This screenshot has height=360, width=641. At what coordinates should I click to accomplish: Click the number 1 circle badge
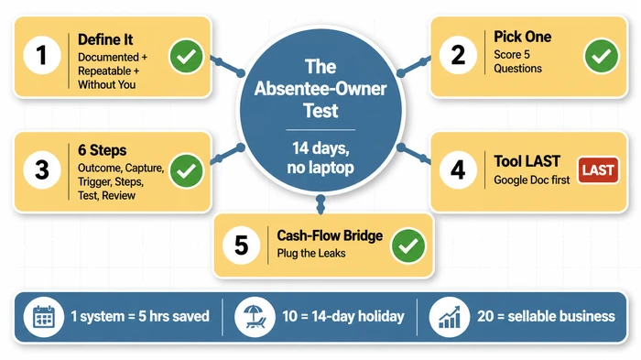pyautogui.click(x=41, y=58)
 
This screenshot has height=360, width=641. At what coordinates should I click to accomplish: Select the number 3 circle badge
pyautogui.click(x=41, y=169)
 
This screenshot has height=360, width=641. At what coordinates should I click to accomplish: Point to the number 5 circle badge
pyautogui.click(x=241, y=245)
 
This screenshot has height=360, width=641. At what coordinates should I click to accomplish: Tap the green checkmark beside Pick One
pyautogui.click(x=601, y=57)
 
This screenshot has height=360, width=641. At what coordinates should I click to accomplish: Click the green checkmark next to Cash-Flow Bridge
pyautogui.click(x=407, y=245)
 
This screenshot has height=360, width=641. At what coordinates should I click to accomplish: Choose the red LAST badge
pyautogui.click(x=598, y=169)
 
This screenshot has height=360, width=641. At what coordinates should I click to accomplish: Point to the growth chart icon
pyautogui.click(x=449, y=317)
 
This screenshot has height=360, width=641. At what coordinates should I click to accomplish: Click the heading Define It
pyautogui.click(x=106, y=40)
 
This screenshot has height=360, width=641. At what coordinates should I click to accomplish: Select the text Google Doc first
pyautogui.click(x=531, y=180)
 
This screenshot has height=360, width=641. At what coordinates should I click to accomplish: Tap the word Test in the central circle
pyautogui.click(x=320, y=112)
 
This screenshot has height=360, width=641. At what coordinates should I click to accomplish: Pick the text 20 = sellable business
pyautogui.click(x=546, y=317)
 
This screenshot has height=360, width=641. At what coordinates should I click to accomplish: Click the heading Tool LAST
pyautogui.click(x=527, y=161)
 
